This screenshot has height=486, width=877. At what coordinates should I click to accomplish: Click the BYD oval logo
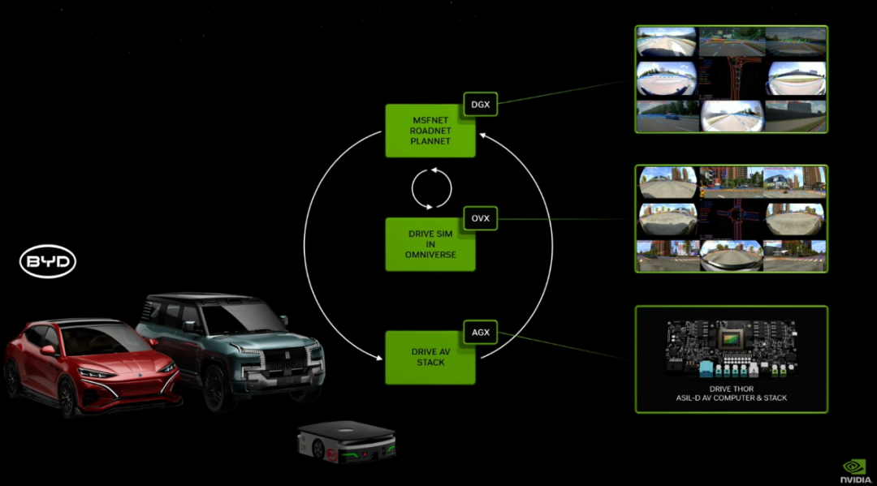coord(48,262)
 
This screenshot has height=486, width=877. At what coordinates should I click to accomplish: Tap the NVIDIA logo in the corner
coord(853,471)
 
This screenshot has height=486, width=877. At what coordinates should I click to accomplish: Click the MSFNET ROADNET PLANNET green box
coord(430,131)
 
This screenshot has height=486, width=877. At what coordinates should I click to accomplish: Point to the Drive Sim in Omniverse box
coord(430,244)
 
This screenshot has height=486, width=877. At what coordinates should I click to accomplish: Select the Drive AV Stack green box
coord(430,358)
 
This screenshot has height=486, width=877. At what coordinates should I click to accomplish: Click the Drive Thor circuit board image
coord(730,350)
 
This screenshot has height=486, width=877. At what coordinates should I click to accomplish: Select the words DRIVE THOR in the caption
coord(731,389)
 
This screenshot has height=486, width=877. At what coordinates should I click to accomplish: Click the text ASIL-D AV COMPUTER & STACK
coord(731,398)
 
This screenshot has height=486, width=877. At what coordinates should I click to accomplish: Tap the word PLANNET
coord(430,141)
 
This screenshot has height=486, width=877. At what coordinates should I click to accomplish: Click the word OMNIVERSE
coord(430,255)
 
